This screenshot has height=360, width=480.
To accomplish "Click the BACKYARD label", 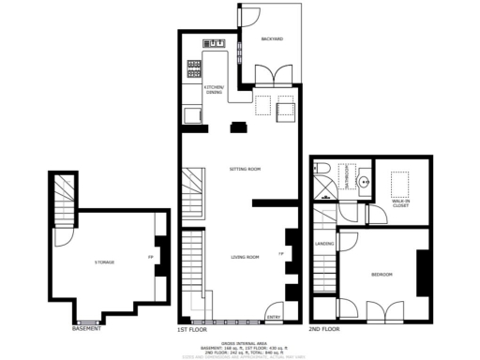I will (x=272, y=38).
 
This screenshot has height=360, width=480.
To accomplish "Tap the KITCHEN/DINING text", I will (x=215, y=90).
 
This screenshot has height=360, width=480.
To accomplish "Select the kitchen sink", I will (x=215, y=43).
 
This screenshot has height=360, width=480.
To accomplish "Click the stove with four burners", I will (x=194, y=67).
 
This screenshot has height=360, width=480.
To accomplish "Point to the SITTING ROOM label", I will (x=245, y=169).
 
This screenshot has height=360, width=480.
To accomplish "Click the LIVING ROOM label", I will (x=245, y=256).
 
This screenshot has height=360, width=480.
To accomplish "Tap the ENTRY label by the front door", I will (x=274, y=316).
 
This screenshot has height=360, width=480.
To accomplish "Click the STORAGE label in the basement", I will (x=104, y=262).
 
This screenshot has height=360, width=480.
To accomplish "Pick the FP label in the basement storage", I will (x=150, y=257).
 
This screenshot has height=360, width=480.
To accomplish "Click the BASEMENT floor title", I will (x=87, y=329).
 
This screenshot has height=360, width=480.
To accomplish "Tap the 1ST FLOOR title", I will (x=191, y=330).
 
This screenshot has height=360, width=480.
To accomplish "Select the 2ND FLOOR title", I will (x=325, y=330).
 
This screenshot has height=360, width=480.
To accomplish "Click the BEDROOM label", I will (x=382, y=274).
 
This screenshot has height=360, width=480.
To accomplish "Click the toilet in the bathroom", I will (x=322, y=169).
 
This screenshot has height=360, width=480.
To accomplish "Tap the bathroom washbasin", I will (x=362, y=182).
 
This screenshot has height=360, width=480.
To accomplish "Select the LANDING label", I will (x=324, y=246).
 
